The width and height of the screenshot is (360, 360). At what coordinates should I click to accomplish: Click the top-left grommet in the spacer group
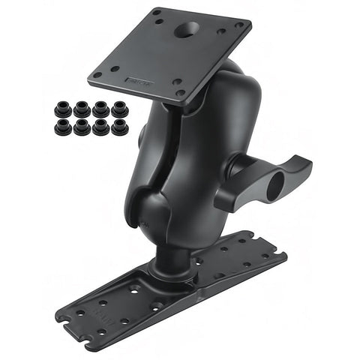point(63,110)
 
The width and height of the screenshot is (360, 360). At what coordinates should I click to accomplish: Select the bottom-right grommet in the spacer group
point(118,127)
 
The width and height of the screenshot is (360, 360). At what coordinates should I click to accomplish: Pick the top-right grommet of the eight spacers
point(118,110)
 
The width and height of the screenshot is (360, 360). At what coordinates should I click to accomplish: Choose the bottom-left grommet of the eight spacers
point(63,127)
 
